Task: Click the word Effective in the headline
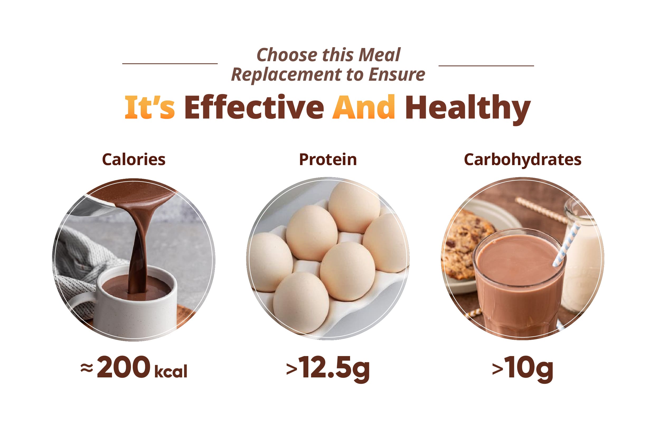click(254, 107)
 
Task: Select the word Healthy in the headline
click(468, 109)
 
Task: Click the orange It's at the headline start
click(150, 107)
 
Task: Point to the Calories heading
click(134, 160)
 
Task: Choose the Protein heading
click(328, 160)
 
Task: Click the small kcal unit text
click(171, 371)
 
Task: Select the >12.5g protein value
click(328, 369)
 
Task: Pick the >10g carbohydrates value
click(522, 369)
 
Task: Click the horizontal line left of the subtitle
click(170, 64)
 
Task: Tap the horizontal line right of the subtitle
click(486, 66)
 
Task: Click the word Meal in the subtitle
click(380, 55)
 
